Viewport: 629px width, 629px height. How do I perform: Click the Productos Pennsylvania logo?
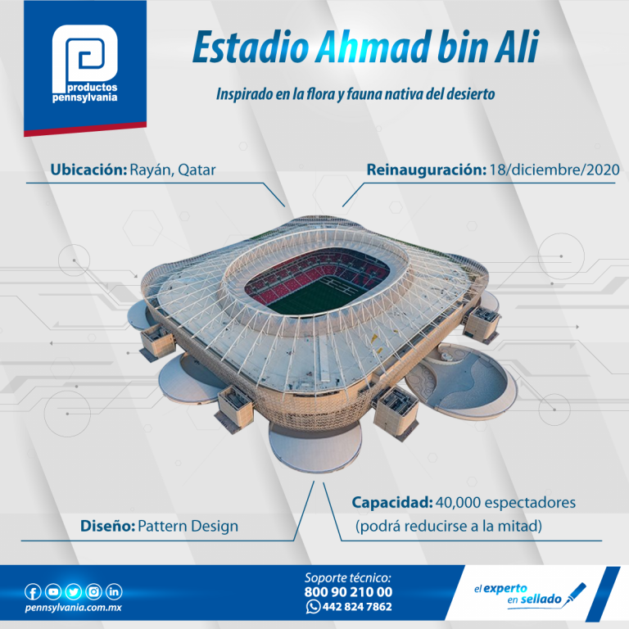pos(84,63)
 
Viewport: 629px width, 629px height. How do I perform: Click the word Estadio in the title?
pos(251,48)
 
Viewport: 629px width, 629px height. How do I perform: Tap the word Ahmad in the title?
pos(373,48)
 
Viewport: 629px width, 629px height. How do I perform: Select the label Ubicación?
pos(88,170)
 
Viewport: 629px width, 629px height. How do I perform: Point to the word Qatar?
pos(197,170)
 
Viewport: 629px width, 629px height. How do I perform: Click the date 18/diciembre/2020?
pos(554,170)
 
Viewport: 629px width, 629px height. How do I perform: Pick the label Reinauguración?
pos(427,170)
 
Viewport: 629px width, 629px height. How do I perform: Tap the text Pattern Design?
pos(188,526)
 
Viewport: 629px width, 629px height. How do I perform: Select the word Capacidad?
pos(392,503)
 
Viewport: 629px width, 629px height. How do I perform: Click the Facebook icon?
pos(33,591)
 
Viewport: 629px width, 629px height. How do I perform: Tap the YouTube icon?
pos(53,591)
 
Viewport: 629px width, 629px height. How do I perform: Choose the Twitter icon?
pos(74,591)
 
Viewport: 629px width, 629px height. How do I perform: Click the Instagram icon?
pos(94,591)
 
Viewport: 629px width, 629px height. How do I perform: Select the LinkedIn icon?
pos(114,591)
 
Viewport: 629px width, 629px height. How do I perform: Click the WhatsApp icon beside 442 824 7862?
pos(313,607)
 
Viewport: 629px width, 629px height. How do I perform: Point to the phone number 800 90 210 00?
pos(348,592)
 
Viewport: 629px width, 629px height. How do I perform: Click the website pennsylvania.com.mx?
pos(73,608)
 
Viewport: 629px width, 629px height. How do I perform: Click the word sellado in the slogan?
pos(541,600)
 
